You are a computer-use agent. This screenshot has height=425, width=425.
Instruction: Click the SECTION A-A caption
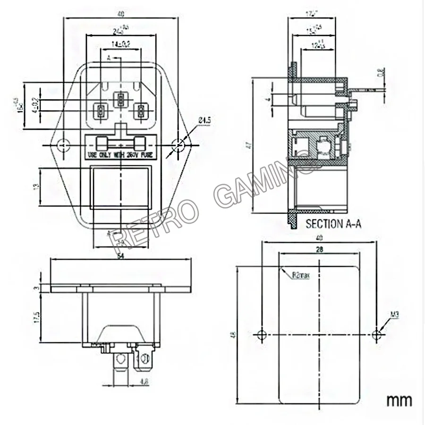(333, 224)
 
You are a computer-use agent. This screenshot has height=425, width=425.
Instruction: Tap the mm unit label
(399, 400)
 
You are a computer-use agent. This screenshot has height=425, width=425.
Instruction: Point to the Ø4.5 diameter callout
(204, 121)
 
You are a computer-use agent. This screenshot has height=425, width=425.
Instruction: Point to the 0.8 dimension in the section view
(381, 73)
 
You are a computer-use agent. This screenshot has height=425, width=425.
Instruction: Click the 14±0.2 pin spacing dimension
(121, 44)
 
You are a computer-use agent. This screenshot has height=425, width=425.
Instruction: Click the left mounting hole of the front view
(63, 144)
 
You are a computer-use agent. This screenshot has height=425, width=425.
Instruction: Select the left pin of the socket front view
(101, 112)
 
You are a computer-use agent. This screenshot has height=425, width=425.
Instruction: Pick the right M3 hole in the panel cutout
(376, 335)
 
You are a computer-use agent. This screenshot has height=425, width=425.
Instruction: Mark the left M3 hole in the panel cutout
(262, 335)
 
